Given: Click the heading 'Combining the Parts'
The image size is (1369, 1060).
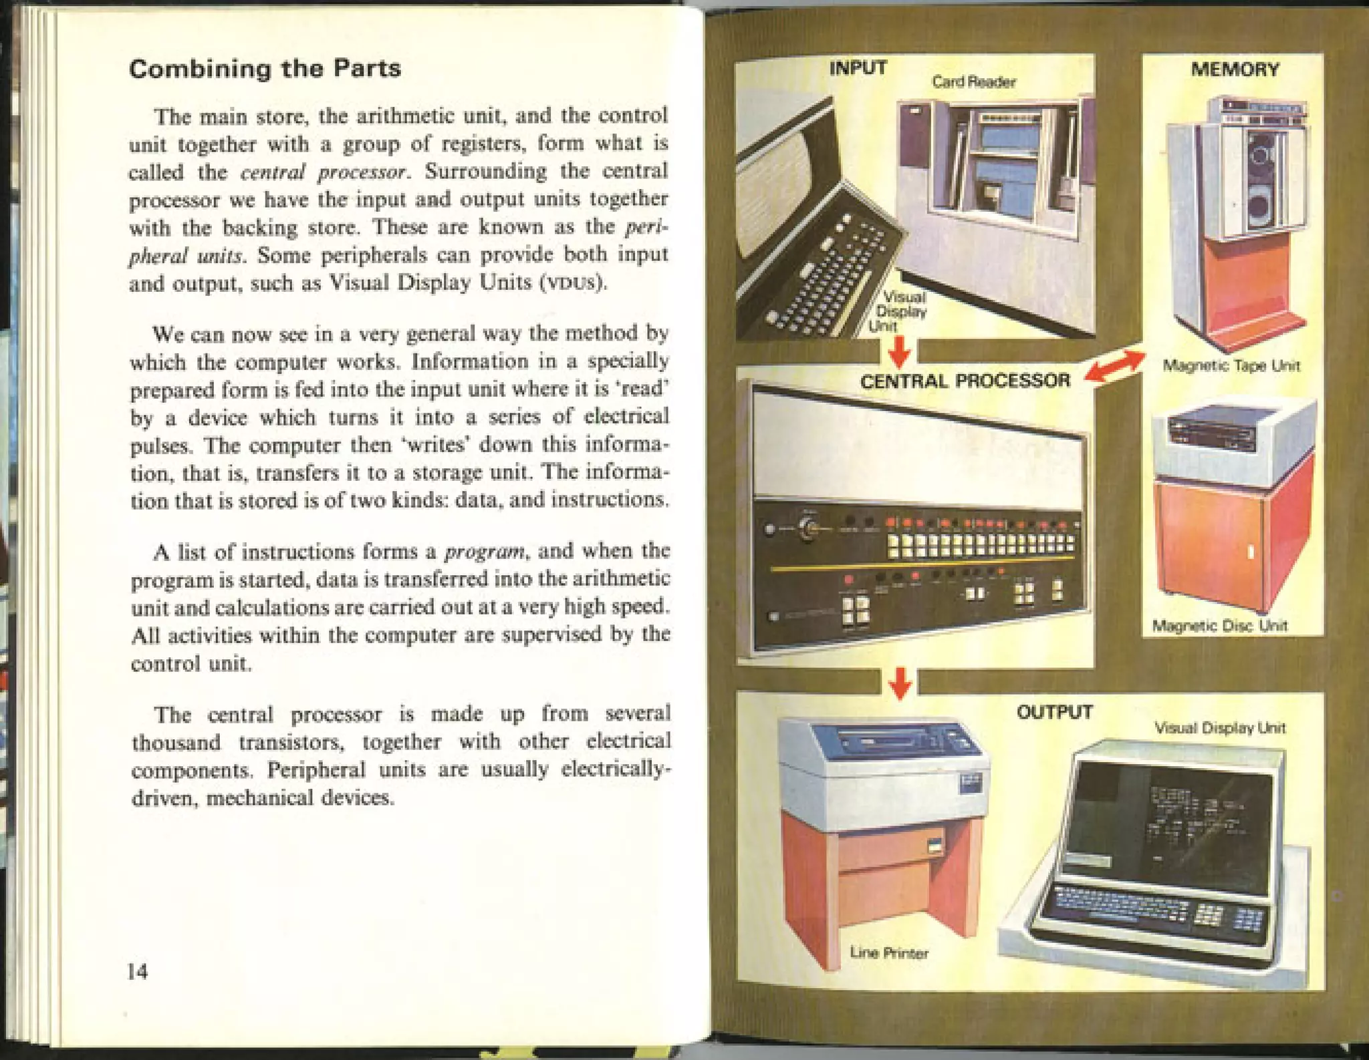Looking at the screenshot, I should click(x=265, y=69).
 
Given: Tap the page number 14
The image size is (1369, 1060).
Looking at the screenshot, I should click(x=138, y=970).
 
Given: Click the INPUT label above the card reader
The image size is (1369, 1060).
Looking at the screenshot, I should click(x=858, y=67).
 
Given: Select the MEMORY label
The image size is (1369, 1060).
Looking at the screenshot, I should click(x=1235, y=69).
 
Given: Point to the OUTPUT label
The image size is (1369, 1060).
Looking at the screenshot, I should click(x=1054, y=712).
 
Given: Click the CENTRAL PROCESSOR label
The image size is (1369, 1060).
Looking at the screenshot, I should click(x=965, y=381).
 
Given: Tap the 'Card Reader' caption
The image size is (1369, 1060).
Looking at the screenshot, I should click(x=974, y=82).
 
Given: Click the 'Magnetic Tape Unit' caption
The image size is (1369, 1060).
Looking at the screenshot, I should click(x=1231, y=365).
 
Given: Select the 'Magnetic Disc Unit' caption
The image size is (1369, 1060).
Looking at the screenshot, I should click(x=1220, y=626).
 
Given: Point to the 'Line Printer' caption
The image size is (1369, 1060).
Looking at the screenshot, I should click(x=889, y=952).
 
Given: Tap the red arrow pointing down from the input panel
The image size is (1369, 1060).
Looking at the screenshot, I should click(x=900, y=351).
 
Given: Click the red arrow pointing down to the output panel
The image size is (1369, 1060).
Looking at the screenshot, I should click(x=900, y=683).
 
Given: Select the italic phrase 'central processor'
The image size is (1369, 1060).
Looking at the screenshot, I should click(x=324, y=172).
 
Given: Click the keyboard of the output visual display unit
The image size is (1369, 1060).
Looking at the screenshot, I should click(x=1150, y=910).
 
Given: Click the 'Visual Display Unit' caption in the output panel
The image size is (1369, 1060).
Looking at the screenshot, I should click(x=1220, y=727).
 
